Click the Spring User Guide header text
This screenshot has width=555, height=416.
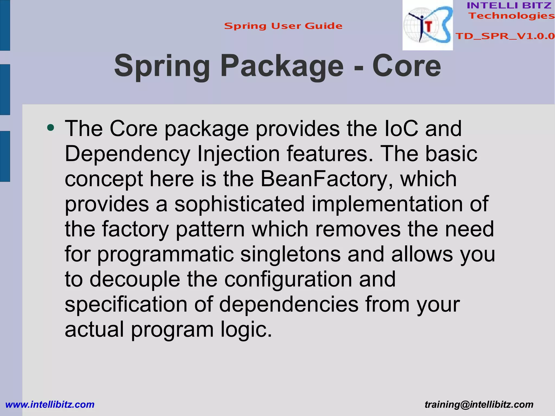[x=283, y=26]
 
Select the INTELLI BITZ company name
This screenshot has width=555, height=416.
[x=509, y=5]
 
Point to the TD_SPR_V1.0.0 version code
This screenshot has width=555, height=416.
[x=505, y=36]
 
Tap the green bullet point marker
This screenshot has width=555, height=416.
[x=50, y=127]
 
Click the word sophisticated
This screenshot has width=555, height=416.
[x=239, y=204]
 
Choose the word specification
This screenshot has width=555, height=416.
[x=126, y=304]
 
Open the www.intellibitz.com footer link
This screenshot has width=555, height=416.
[x=50, y=405]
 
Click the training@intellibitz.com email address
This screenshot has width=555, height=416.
[x=479, y=405]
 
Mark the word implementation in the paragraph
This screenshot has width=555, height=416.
[x=387, y=204]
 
